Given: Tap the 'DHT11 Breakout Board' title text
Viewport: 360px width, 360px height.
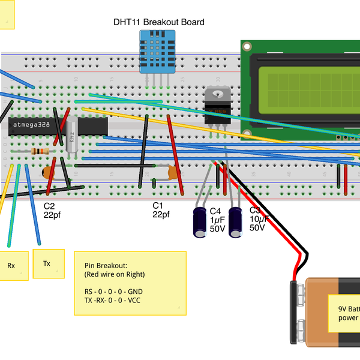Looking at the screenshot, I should [x=159, y=22].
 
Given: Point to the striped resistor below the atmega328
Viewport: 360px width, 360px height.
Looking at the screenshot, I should [x=40, y=152].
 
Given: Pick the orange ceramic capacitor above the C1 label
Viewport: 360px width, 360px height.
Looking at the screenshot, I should [x=174, y=173].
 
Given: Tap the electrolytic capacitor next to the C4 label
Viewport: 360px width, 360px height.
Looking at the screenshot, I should [x=200, y=223].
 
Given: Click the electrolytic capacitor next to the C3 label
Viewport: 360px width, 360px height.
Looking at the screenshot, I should [x=236, y=223].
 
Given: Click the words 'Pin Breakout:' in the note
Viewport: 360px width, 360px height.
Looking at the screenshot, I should [x=106, y=265].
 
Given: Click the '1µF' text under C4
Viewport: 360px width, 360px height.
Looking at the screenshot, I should [x=218, y=220].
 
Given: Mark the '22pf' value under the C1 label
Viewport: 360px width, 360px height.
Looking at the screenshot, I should [x=161, y=214].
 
